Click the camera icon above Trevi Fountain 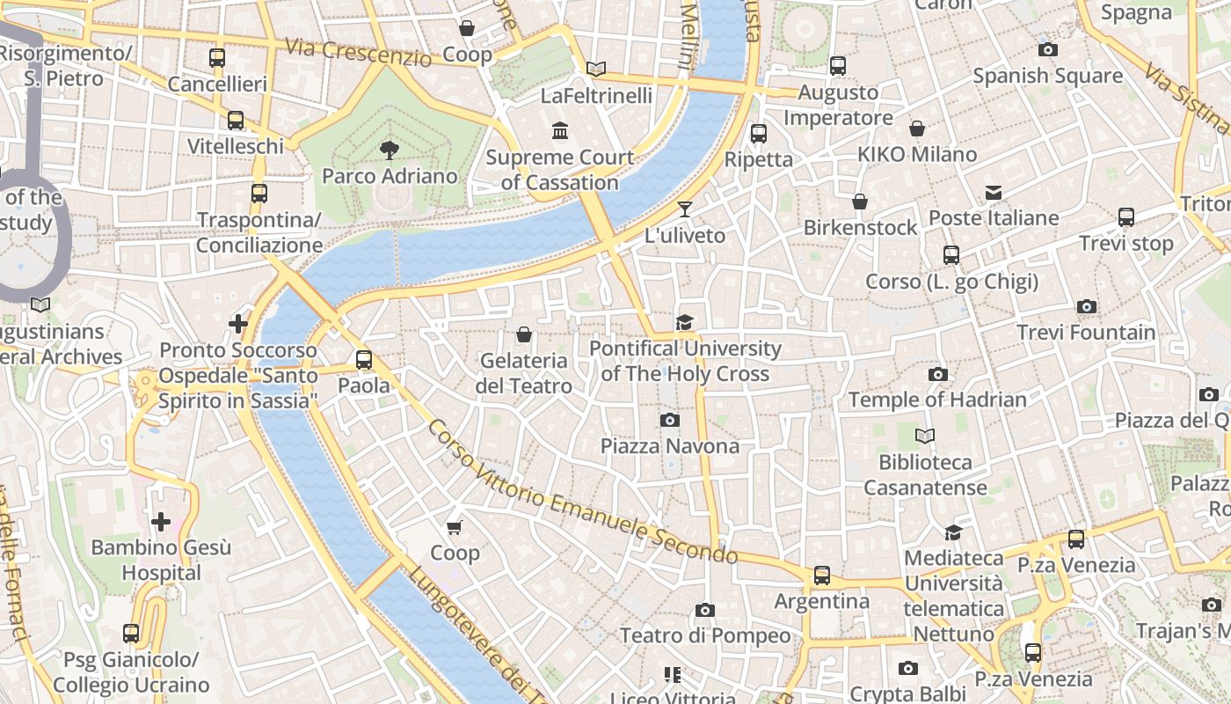coord(1087,307)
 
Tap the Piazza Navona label coord(670,446)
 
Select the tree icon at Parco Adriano coord(390,150)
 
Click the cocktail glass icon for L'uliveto coord(685,209)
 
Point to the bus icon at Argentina coord(822,576)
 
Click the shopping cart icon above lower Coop coord(455,527)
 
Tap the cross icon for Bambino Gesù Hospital coord(161,522)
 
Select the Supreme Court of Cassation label coord(559,170)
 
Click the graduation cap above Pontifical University coord(685,322)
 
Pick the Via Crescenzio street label coord(358,52)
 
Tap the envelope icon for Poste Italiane coord(994,192)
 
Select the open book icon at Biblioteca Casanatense coord(925,436)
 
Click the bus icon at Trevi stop coord(1126,217)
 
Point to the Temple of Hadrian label coord(937,400)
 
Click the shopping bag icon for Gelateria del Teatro coord(524,334)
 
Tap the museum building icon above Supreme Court coord(560,131)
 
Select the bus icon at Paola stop coord(364,360)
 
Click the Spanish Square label coord(1047,76)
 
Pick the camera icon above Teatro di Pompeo coord(705,610)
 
